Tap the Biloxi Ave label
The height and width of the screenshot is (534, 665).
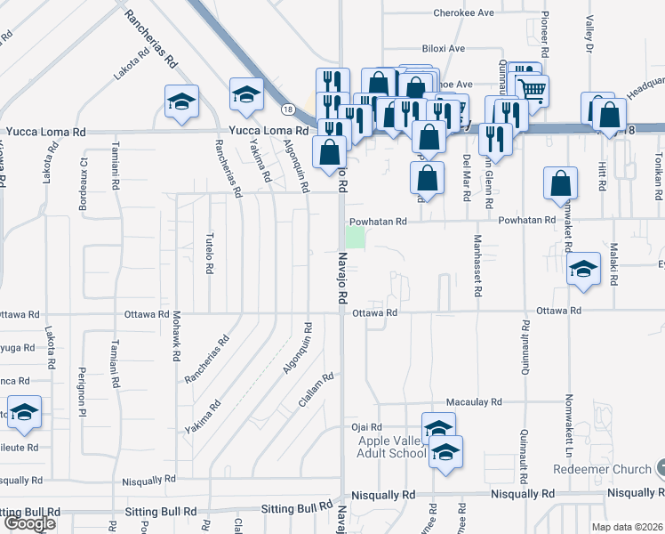click(445, 49)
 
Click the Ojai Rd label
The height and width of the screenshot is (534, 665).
click(366, 427)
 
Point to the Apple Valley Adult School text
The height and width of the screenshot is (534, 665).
click(392, 447)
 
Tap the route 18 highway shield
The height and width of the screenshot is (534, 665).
click(286, 109)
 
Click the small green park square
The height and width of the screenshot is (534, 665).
click(356, 238)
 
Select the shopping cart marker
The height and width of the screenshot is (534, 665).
click(532, 89)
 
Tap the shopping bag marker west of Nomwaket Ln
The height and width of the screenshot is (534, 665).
click(562, 183)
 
